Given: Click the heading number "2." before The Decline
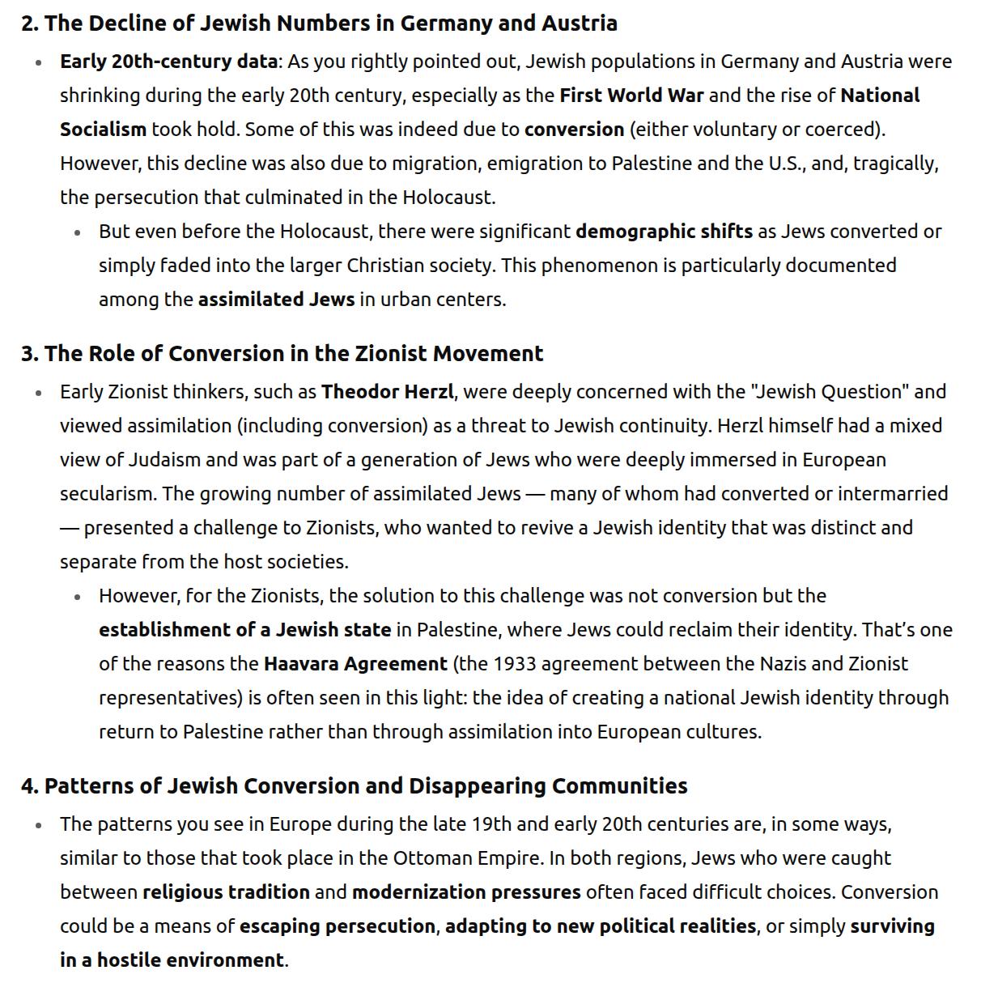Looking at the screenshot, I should (x=30, y=23).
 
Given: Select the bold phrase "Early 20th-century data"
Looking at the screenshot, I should (x=168, y=62).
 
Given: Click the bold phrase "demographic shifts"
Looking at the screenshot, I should (x=664, y=232).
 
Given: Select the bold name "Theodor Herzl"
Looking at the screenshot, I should (x=387, y=392).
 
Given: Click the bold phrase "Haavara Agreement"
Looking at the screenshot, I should (x=355, y=664).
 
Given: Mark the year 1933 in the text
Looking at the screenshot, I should (x=515, y=664).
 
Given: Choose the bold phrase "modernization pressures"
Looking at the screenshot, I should (x=466, y=892).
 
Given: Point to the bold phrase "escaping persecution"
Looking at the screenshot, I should (x=338, y=926).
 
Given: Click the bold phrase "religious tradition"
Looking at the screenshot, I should (x=226, y=892).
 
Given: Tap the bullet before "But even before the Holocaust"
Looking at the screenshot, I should (x=78, y=232).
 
